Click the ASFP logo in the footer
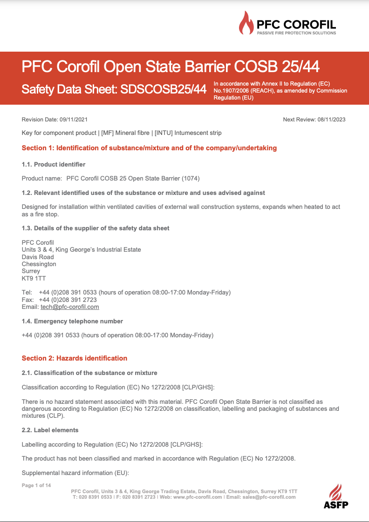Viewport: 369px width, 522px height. (x=336, y=496)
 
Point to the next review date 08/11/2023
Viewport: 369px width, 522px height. (x=331, y=120)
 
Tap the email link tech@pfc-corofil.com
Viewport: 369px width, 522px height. (x=70, y=307)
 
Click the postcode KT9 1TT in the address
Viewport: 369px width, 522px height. (x=31, y=278)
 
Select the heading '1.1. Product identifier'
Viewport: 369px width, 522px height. (x=54, y=164)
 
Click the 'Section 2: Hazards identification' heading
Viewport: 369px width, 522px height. (x=75, y=358)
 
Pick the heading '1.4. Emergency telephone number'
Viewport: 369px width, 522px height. (x=72, y=321)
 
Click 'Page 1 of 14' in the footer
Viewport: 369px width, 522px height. (x=36, y=486)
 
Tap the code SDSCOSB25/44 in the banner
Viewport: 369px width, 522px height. (x=163, y=89)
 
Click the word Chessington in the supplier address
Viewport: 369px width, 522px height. (x=39, y=264)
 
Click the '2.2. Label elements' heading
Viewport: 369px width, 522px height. (x=50, y=430)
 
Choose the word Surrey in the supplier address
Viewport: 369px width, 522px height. (x=31, y=271)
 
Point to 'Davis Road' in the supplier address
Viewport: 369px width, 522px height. (x=38, y=257)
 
